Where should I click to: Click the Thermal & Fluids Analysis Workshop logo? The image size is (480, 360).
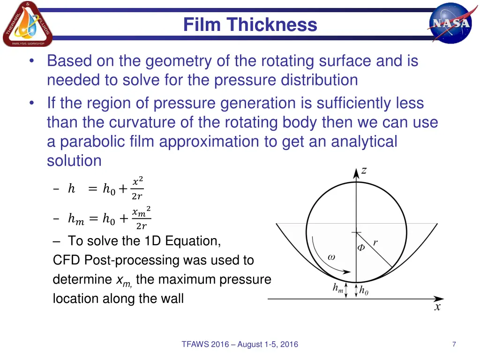click(27, 24)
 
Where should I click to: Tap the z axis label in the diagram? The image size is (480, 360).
click(364, 171)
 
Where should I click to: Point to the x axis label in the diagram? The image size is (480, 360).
click(437, 307)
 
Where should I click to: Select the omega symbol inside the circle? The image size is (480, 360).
click(331, 257)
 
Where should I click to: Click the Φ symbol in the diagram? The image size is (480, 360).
click(361, 247)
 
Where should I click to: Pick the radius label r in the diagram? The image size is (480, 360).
click(375, 243)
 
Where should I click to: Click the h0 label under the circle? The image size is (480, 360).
click(364, 291)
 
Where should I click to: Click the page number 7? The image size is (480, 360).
click(454, 345)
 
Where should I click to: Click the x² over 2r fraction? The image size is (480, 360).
click(137, 188)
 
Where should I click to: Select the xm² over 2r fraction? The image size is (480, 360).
click(141, 218)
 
